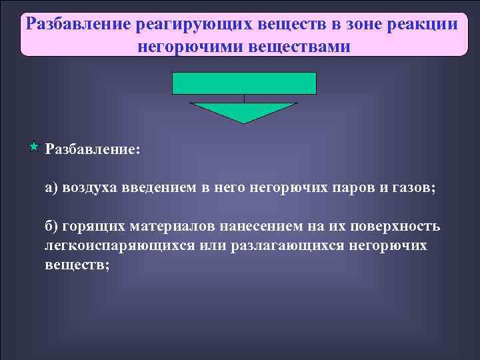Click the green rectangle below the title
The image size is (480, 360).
click(x=244, y=83)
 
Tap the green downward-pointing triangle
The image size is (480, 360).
click(x=243, y=111)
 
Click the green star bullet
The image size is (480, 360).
click(x=35, y=145)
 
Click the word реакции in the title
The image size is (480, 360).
click(x=419, y=25)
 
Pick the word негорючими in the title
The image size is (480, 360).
click(x=191, y=47)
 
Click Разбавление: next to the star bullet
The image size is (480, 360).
click(x=93, y=148)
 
